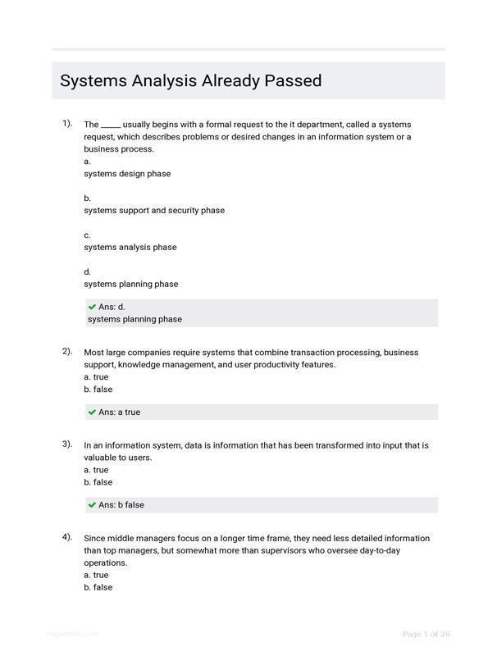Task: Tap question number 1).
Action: click(x=67, y=123)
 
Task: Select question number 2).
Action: click(x=67, y=351)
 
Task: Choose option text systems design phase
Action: click(x=127, y=174)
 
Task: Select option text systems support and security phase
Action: click(x=154, y=211)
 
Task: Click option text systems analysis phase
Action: click(x=130, y=248)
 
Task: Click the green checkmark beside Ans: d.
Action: click(x=92, y=307)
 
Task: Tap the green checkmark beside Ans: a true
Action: click(x=92, y=412)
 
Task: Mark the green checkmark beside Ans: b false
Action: click(x=92, y=505)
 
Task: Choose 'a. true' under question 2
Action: click(x=96, y=377)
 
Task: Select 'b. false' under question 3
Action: click(x=98, y=482)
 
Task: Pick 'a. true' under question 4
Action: click(x=96, y=575)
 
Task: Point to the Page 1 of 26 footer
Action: click(x=426, y=634)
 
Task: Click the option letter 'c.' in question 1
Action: click(x=87, y=235)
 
